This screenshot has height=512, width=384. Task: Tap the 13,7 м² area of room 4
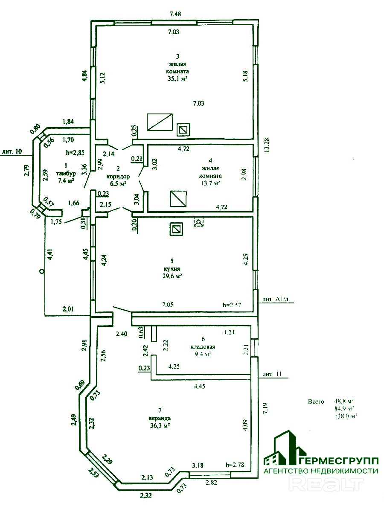coord(209,183)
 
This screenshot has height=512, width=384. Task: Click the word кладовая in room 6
coord(203,347)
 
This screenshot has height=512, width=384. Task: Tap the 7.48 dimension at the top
coord(175,14)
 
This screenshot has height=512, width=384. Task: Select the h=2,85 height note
coord(76,152)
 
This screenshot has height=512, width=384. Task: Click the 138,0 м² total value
coord(346,415)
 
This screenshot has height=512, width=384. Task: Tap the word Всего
coord(316,401)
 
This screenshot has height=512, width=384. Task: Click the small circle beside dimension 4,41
coord(41,271)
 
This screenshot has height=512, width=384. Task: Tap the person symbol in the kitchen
coord(198,222)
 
